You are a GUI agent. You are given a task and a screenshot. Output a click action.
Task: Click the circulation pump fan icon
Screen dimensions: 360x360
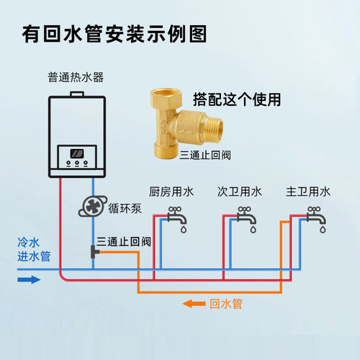point(92,205)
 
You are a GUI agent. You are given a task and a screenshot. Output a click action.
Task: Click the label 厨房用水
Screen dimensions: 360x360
point(171,192)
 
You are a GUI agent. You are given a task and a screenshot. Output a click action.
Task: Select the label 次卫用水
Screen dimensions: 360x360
point(240,192)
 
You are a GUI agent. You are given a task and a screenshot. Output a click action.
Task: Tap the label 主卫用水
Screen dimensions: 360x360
point(308,192)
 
